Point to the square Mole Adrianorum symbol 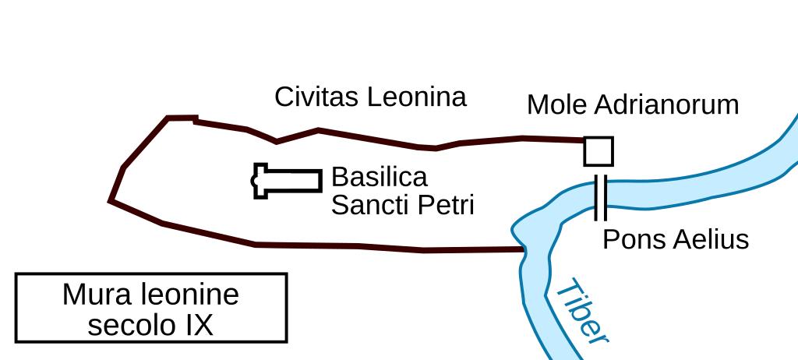tap(598, 151)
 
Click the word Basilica tap(380, 178)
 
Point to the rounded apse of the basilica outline tap(254, 181)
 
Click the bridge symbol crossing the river tap(600, 198)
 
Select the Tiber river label tap(581, 312)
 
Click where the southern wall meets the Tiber tap(521, 249)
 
